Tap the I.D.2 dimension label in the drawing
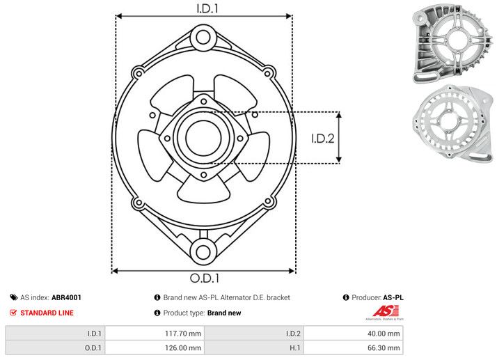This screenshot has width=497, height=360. coord(324,138)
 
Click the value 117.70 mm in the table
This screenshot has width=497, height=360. coord(183,333)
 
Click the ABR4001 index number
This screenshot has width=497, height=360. coord(66,297)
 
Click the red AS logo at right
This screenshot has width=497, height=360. coord(385,313)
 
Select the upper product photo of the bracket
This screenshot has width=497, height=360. coord(453,43)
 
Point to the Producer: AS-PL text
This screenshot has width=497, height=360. coord(377,297)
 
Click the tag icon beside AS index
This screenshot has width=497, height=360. coord(13,297)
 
